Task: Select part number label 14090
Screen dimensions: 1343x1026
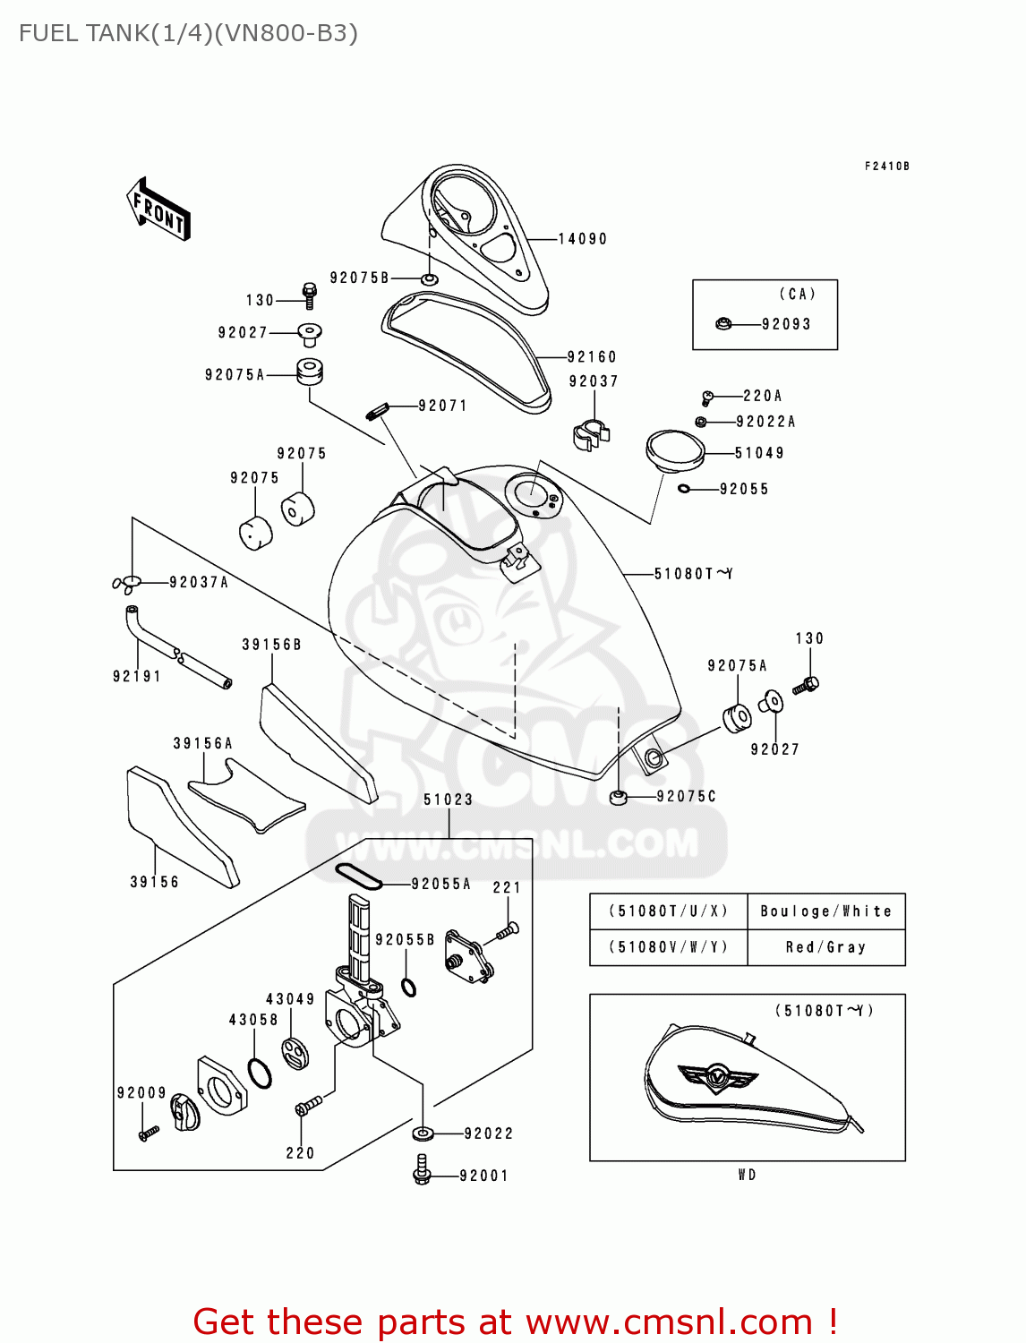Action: point(582,239)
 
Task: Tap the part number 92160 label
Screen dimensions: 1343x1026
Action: point(592,356)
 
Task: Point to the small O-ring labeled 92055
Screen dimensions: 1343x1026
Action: point(684,488)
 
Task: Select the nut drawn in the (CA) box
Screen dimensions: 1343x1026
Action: point(723,323)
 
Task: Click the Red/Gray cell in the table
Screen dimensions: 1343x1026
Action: point(825,947)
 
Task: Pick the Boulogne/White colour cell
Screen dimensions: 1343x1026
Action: point(825,911)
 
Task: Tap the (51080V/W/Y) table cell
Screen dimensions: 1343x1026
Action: point(668,947)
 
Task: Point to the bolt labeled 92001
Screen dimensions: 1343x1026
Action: point(423,1168)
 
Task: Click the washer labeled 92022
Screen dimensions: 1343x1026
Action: point(423,1133)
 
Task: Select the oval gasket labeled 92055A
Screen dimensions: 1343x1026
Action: point(358,877)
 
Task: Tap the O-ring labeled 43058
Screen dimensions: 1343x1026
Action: point(260,1073)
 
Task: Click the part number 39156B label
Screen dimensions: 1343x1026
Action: point(271,645)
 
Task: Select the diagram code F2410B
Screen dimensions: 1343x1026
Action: point(886,167)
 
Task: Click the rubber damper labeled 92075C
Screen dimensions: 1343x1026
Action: point(618,796)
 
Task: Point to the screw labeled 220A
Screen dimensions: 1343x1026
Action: point(707,396)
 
